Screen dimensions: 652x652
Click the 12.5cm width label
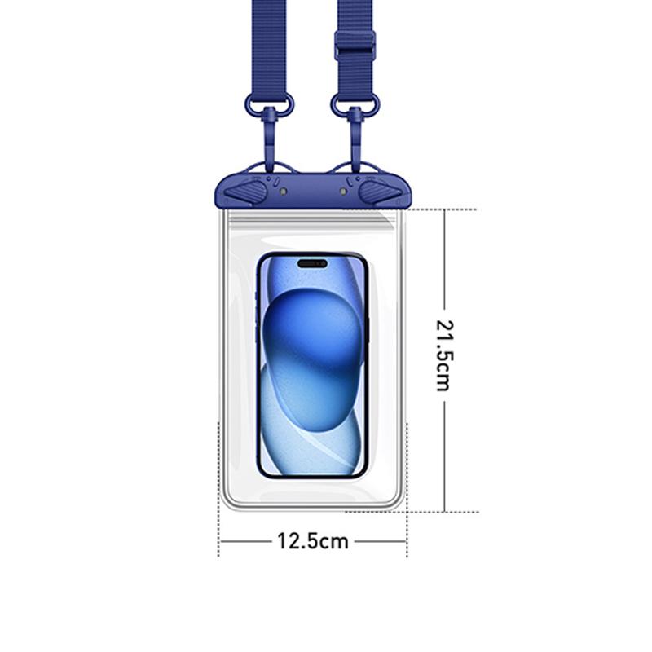coord(313,541)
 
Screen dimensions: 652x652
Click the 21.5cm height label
coord(444,355)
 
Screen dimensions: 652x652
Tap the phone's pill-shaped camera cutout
coord(312,263)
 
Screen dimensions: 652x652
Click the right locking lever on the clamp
coord(380,192)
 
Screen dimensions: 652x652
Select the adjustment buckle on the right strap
coord(355,45)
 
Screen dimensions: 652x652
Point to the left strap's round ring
coord(269,104)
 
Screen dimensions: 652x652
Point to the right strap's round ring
coord(355,104)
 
